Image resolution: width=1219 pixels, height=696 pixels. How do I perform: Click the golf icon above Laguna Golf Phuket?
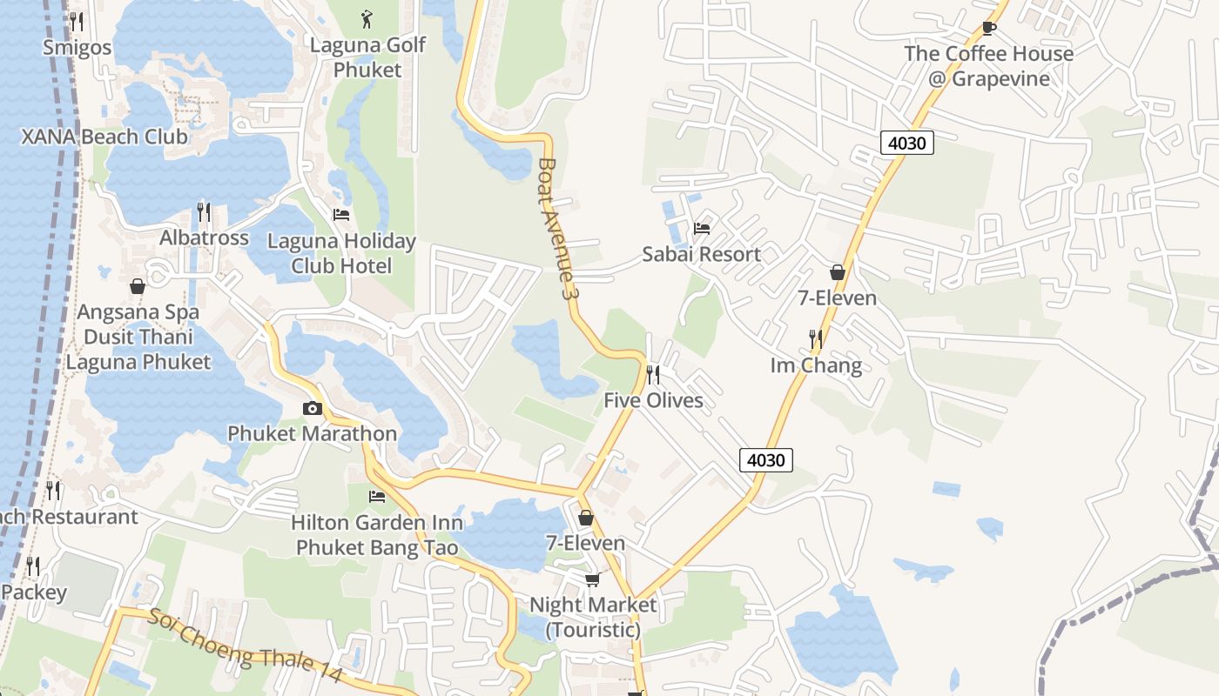pos(367,19)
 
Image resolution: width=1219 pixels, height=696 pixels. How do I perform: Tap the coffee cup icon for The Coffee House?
pos(988,28)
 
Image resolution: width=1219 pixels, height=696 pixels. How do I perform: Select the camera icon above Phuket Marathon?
pos(312,408)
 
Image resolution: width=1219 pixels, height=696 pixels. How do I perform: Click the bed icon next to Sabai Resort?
pos(702,229)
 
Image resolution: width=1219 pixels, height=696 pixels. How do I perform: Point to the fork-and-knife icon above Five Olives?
pos(653,375)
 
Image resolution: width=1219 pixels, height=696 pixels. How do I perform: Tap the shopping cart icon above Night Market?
pos(592,579)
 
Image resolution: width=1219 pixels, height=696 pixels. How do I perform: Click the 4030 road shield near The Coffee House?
pos(906,143)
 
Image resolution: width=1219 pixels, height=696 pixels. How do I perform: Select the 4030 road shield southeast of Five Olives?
pos(766,460)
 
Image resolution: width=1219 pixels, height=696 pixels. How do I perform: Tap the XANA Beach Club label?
pos(104,137)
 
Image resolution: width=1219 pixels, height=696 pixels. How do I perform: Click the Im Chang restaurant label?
pos(816,365)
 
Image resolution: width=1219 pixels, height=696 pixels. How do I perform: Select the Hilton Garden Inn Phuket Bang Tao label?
pos(376,535)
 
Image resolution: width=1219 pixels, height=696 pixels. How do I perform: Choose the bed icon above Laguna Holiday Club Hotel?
pos(341,215)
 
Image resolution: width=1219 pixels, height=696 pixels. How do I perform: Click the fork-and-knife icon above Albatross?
pos(204,211)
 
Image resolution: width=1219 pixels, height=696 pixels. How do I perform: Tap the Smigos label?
pos(77,47)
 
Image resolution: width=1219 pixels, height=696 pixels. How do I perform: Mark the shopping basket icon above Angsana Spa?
pos(138,286)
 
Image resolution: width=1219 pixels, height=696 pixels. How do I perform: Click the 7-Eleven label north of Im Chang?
pos(837,298)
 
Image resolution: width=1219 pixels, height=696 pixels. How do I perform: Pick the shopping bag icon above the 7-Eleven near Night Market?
pos(586,519)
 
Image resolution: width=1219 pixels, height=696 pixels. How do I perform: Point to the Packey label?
pos(34,592)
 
